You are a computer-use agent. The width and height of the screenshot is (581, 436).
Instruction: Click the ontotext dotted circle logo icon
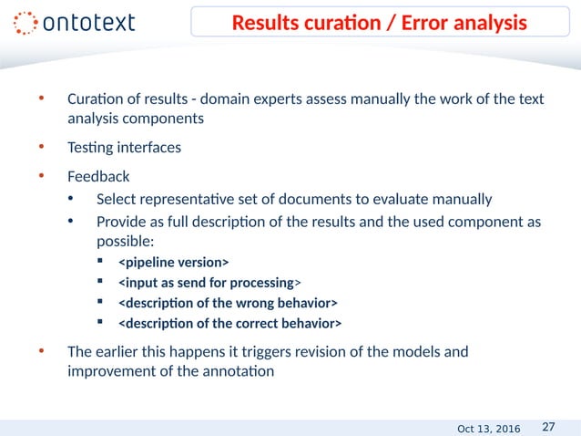point(26,23)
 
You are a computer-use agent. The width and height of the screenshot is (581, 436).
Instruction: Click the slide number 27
point(549,426)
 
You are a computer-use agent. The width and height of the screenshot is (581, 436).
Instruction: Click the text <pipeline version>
point(174,264)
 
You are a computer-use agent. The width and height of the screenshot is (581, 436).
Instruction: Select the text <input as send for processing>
point(209,284)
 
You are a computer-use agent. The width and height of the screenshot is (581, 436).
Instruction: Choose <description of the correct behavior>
point(230,324)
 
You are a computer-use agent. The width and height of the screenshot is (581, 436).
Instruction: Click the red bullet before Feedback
point(39,175)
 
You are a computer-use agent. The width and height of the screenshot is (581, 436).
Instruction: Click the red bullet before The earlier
point(39,350)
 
